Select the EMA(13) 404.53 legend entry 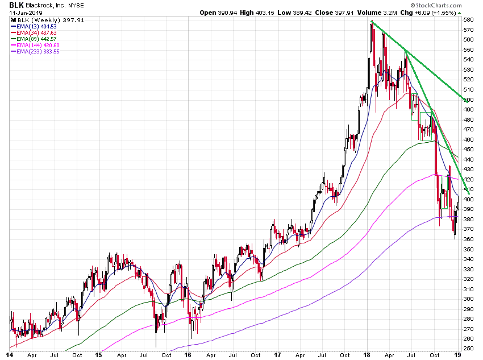35,26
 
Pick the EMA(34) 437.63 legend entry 35,32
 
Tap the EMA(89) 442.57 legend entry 35,39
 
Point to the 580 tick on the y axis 468,20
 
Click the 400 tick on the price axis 468,199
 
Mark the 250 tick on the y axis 468,348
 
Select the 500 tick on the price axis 468,100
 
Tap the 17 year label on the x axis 278,355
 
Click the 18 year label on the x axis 368,355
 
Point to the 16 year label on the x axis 189,355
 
